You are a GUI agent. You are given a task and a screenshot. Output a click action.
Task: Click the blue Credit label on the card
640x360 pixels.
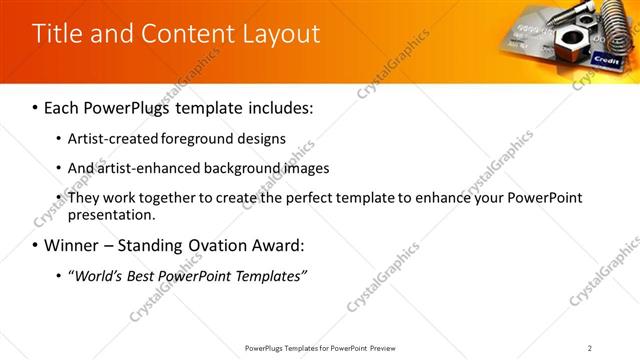tap(606, 60)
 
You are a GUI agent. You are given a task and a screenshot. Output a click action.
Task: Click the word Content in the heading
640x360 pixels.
tap(185, 34)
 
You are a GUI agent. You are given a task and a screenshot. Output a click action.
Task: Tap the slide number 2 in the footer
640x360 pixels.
tap(589, 348)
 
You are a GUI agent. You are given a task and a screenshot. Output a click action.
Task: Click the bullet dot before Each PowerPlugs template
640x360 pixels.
tap(36, 107)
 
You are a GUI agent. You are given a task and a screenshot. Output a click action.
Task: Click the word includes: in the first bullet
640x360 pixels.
tap(281, 107)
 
